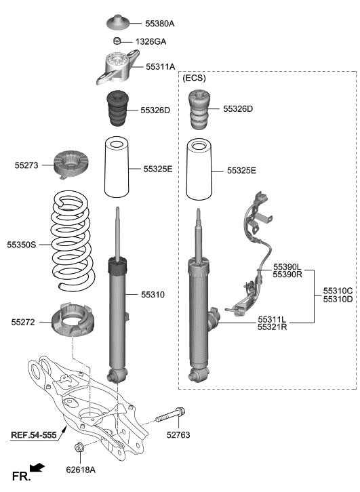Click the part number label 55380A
point(160,24)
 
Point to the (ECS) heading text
point(195,79)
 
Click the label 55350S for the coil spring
point(22,243)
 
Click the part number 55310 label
point(153,295)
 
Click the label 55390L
point(287,266)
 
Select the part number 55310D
point(338,299)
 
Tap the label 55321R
point(272,327)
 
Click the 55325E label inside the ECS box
point(241,171)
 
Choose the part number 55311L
point(272,319)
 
